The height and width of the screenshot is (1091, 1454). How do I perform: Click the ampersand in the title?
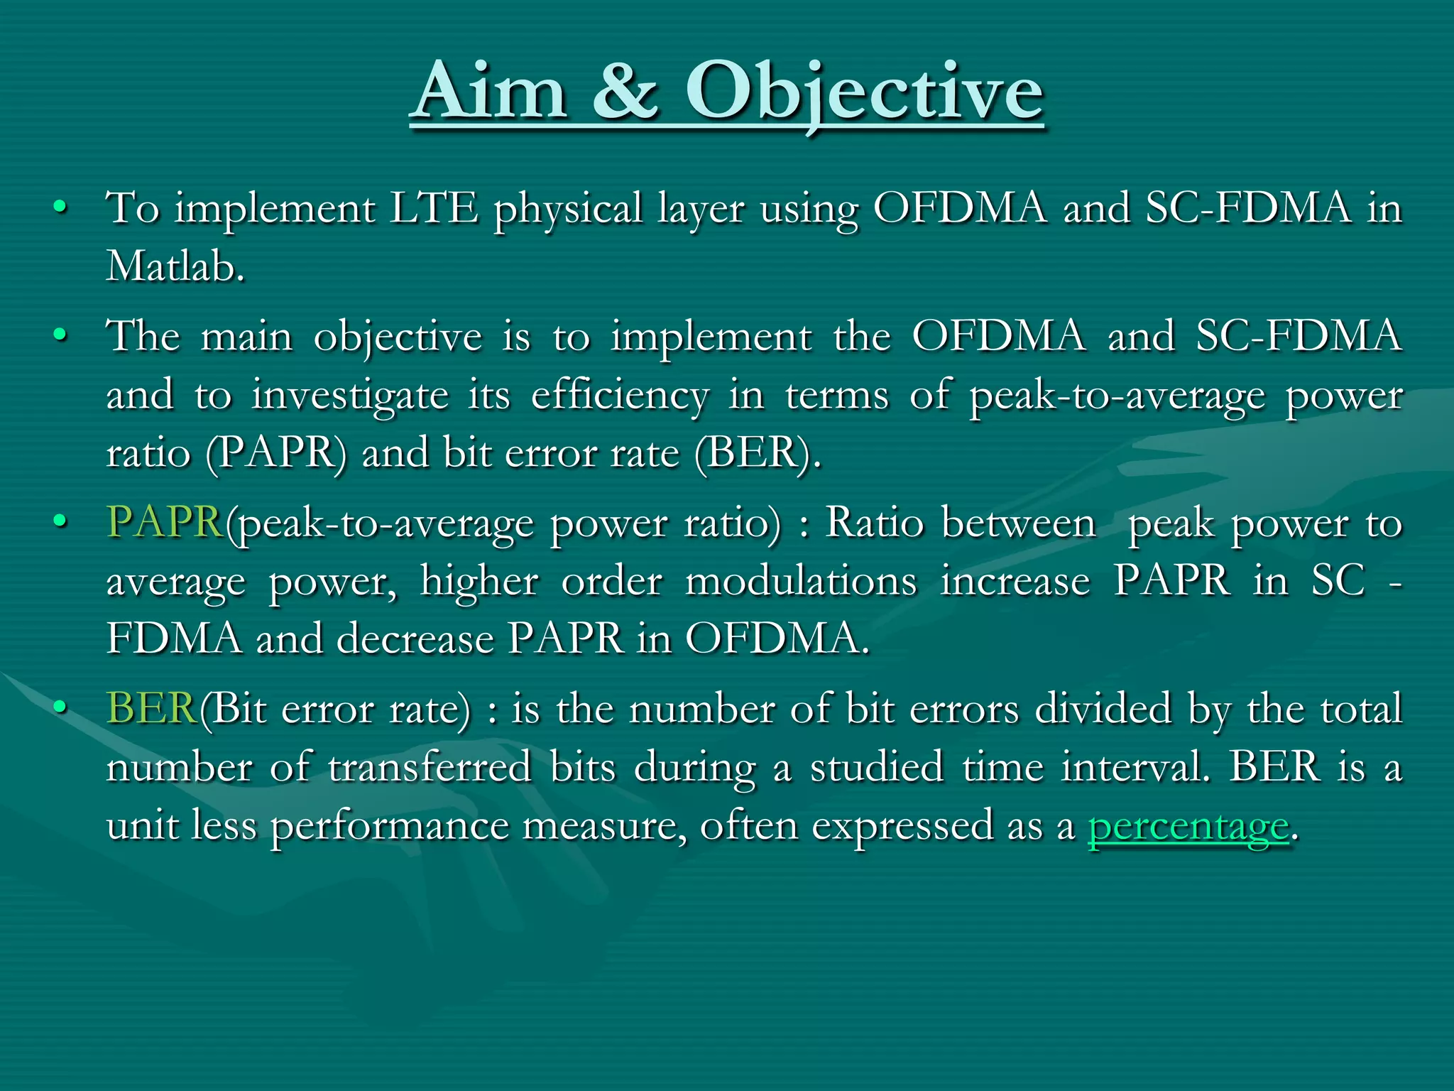pyautogui.click(x=625, y=92)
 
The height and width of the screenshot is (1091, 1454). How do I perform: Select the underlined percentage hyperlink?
pyautogui.click(x=1188, y=826)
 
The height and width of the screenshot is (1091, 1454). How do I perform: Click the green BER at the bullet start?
pyautogui.click(x=151, y=709)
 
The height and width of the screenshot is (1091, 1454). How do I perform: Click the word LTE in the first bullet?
pyautogui.click(x=434, y=209)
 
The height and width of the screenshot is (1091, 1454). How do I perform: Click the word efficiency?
pyautogui.click(x=619, y=395)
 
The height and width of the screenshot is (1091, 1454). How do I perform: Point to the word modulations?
pyautogui.click(x=801, y=581)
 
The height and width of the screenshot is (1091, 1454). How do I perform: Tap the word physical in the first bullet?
pyautogui.click(x=568, y=210)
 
